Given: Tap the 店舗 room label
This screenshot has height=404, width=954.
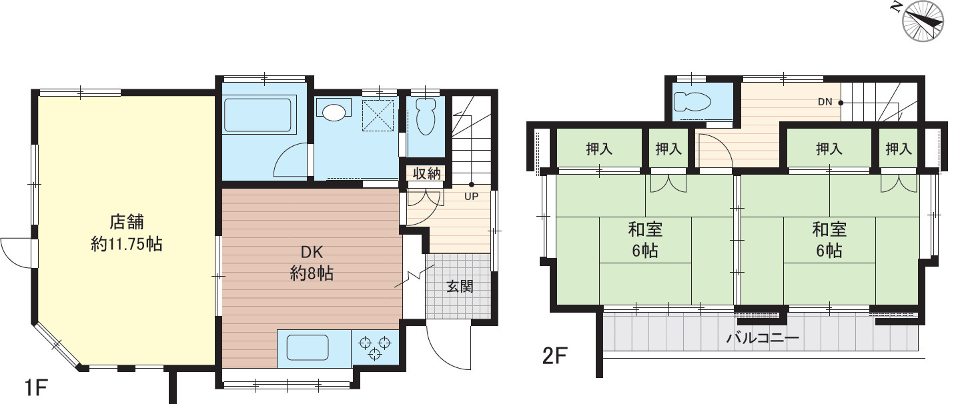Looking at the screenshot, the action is click(x=127, y=222).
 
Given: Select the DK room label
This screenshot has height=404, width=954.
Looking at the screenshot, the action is click(x=312, y=253).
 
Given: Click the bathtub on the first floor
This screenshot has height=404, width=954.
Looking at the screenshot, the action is click(x=260, y=115).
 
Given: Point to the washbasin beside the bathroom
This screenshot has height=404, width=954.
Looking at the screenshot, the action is click(x=334, y=113).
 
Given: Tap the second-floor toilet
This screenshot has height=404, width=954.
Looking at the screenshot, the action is click(x=692, y=102).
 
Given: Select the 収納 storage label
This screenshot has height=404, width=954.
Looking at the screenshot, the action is click(x=426, y=174).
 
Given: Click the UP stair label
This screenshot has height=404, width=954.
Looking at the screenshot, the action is click(x=471, y=197).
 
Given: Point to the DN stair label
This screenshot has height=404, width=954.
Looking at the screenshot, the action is click(x=825, y=102).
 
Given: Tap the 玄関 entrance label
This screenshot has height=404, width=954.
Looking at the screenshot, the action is click(x=460, y=287).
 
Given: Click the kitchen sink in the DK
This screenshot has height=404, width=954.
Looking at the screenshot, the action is click(x=307, y=347).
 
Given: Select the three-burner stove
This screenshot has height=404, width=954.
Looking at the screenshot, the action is click(x=375, y=348).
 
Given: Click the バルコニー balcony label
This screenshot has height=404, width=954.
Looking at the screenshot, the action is click(x=763, y=339).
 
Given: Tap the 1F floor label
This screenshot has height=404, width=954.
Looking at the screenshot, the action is click(x=36, y=387).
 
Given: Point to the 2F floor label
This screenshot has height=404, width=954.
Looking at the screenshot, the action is click(x=554, y=356).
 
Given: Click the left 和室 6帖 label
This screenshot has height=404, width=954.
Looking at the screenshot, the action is click(x=645, y=240).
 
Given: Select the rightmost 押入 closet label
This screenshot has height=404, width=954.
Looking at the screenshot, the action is click(x=899, y=149).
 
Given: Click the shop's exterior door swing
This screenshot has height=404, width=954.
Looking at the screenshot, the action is click(x=15, y=253).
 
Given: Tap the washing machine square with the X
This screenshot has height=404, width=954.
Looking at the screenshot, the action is click(x=378, y=115).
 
